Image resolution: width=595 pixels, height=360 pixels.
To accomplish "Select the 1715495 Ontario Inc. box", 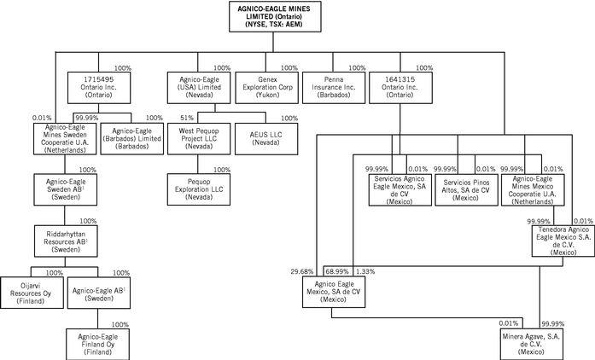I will coord(96,88).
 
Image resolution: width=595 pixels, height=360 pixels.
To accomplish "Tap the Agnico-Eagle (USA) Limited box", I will coord(201,88).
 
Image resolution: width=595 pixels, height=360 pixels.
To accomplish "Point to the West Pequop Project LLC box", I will coord(201,137).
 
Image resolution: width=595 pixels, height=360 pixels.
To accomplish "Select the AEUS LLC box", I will coord(266,137).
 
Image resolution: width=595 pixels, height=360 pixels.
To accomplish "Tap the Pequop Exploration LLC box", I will coord(201,190).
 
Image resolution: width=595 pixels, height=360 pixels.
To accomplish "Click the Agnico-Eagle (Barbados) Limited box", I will coord(131,137).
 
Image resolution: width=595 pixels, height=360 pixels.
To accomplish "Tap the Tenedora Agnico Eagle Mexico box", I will coord(560,241).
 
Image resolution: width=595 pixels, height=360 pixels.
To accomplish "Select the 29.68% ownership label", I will coord(302,271).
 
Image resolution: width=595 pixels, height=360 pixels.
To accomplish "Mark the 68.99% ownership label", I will coord(335,271).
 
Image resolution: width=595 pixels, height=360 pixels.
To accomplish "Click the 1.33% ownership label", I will coord(365,271).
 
